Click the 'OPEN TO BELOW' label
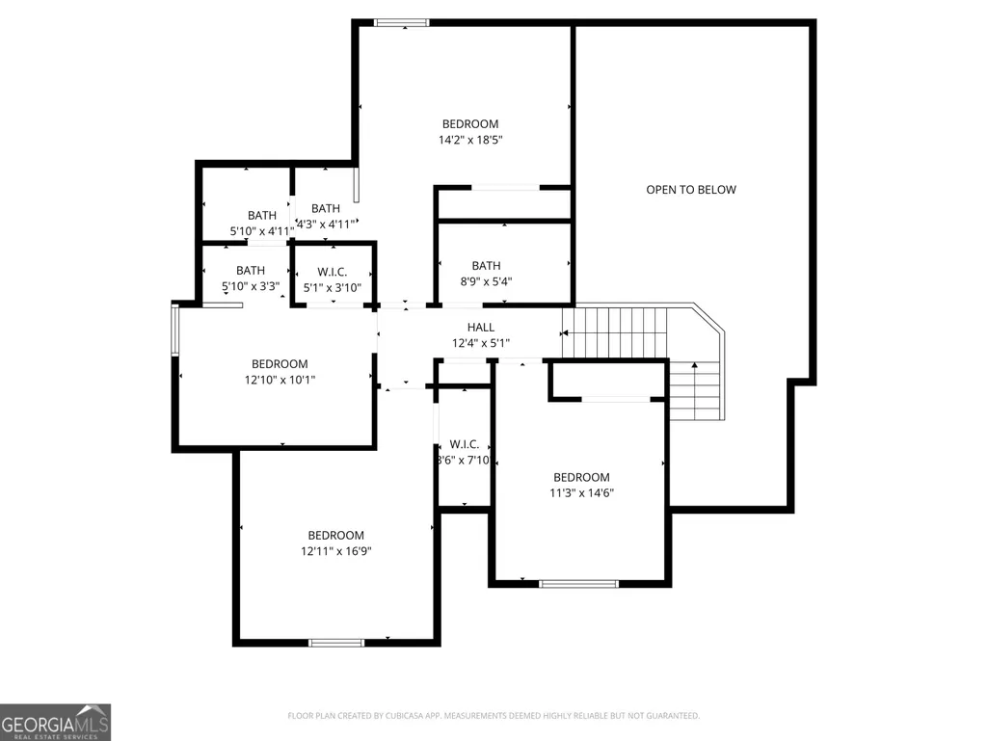pyautogui.click(x=690, y=190)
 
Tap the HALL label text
pyautogui.click(x=481, y=327)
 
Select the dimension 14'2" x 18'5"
pyautogui.click(x=470, y=140)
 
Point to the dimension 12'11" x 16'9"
pyautogui.click(x=335, y=551)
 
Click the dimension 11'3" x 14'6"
pyautogui.click(x=581, y=492)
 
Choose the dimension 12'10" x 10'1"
pyautogui.click(x=280, y=380)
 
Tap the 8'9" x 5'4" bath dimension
pyautogui.click(x=486, y=281)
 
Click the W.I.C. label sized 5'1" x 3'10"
pyautogui.click(x=332, y=272)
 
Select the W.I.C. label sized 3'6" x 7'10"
pyautogui.click(x=465, y=444)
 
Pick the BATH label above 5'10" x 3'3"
pyautogui.click(x=251, y=271)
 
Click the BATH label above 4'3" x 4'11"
pyautogui.click(x=326, y=208)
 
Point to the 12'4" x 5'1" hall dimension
pyautogui.click(x=481, y=343)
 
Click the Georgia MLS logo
pyautogui.click(x=56, y=722)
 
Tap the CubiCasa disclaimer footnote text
pyautogui.click(x=494, y=716)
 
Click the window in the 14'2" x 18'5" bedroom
pyautogui.click(x=402, y=23)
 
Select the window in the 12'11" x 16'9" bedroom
pyautogui.click(x=336, y=643)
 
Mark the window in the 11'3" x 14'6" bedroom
pyautogui.click(x=579, y=584)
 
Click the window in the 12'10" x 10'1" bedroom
pyautogui.click(x=175, y=330)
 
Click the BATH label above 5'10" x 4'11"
pyautogui.click(x=261, y=216)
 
